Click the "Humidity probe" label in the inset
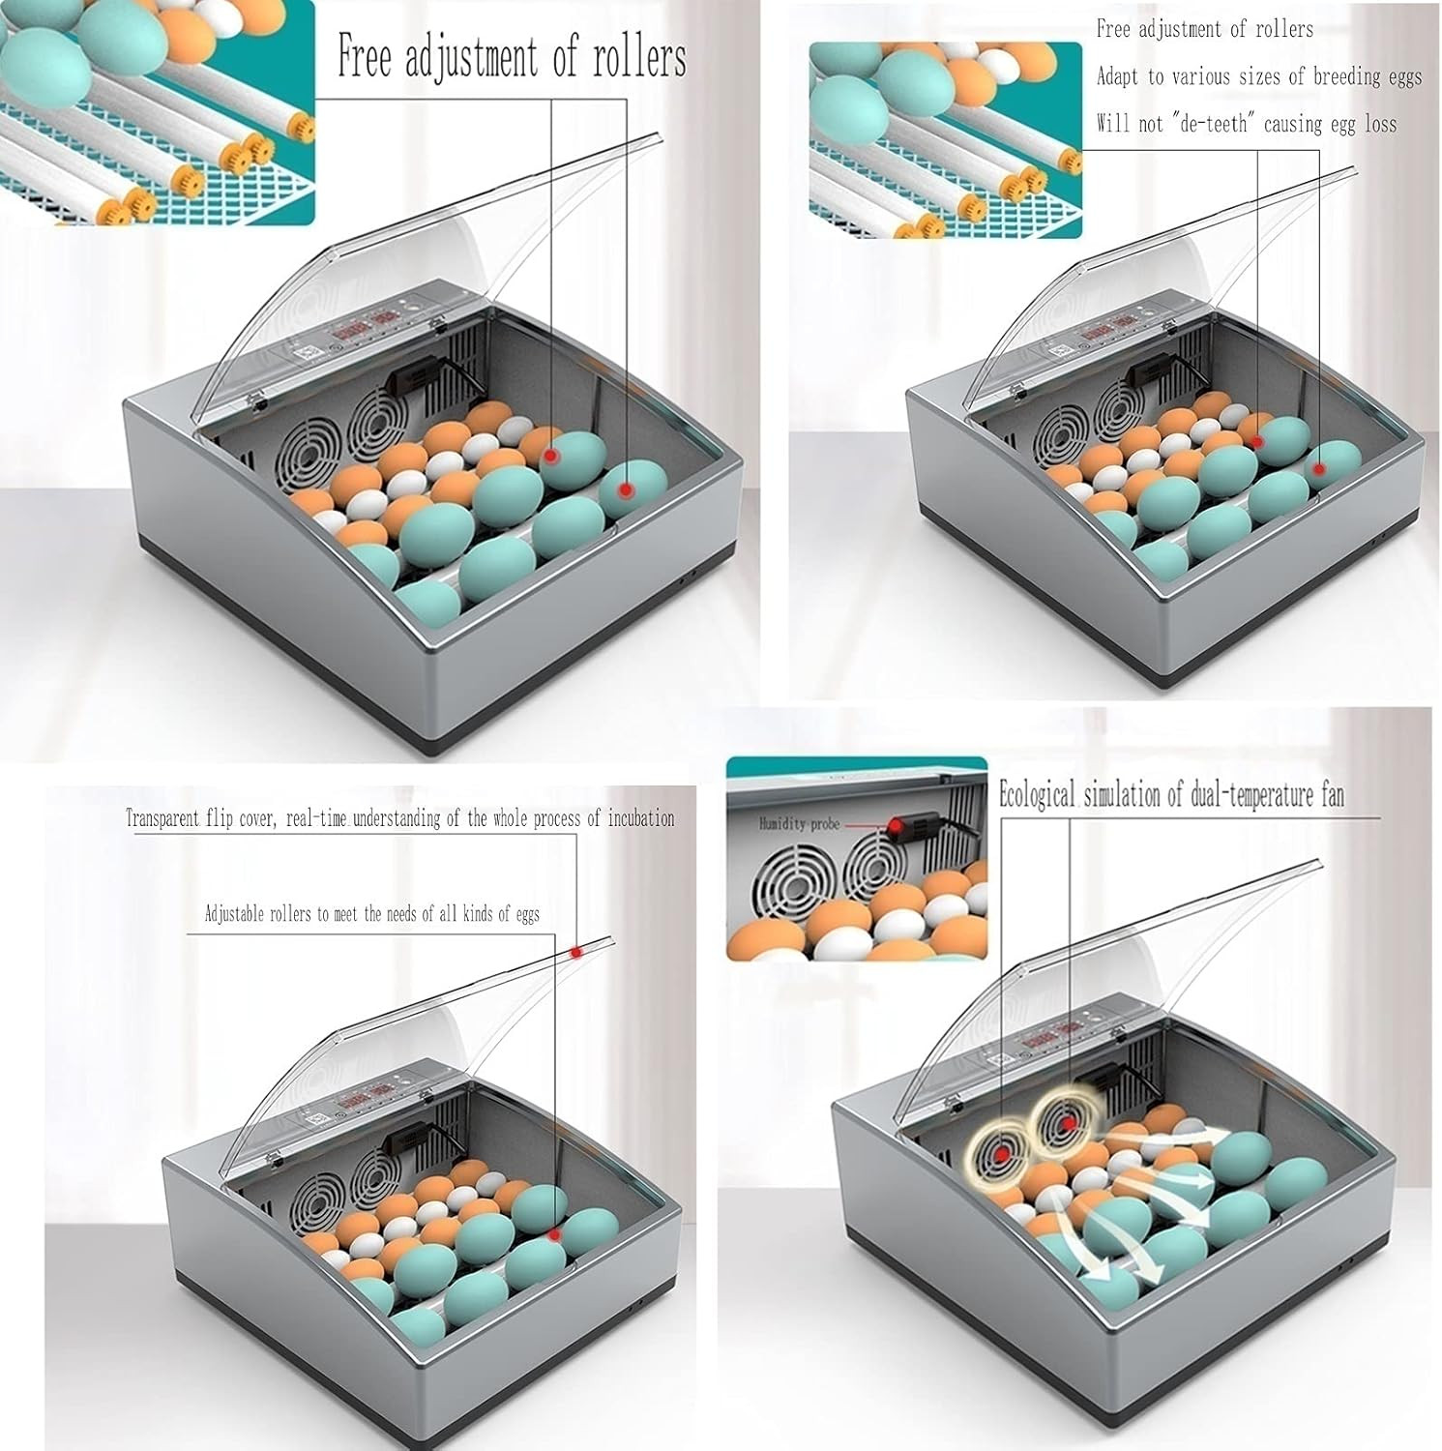pos(799,824)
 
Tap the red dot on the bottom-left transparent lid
pos(576,952)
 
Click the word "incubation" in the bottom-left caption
pos(640,818)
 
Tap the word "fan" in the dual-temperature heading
pos(1332,795)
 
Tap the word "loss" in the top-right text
pos(1380,124)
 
